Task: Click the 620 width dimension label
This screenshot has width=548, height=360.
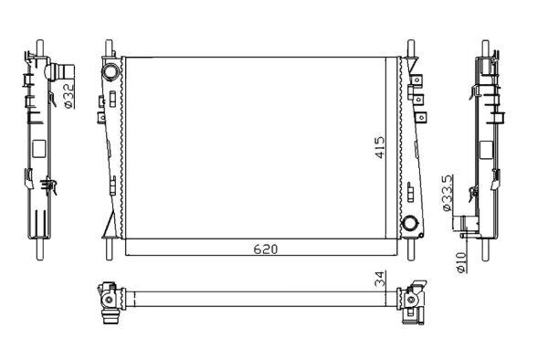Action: [x=266, y=249]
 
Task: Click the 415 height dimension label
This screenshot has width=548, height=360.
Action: [x=380, y=147]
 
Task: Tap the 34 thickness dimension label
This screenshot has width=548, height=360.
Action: [x=381, y=279]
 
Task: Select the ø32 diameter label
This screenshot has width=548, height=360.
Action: [x=68, y=95]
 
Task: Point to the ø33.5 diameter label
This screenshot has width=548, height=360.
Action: [x=448, y=193]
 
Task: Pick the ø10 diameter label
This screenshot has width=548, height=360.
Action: [x=461, y=262]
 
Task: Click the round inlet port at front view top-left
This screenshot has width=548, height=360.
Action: [x=111, y=72]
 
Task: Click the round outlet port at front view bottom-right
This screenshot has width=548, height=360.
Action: [x=410, y=223]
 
